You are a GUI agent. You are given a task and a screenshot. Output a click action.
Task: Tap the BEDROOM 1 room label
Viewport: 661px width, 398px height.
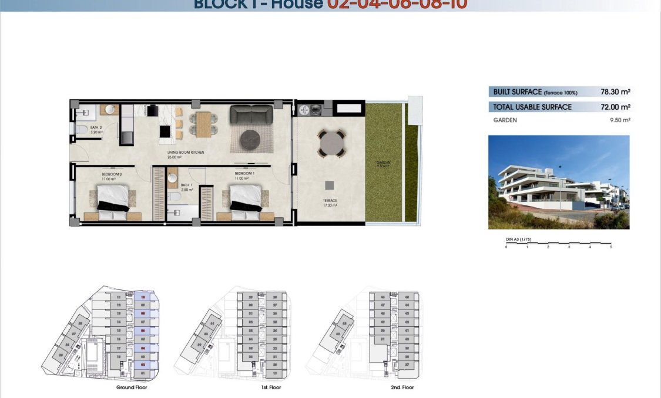(244, 174)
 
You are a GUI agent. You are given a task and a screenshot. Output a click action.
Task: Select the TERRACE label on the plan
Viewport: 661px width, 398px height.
(330, 203)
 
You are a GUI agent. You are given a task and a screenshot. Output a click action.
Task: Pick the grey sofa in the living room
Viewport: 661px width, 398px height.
(251, 114)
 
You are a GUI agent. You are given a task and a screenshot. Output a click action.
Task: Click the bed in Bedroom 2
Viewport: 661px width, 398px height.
(112, 198)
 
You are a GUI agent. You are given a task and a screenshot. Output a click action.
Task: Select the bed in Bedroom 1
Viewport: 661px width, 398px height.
(244, 198)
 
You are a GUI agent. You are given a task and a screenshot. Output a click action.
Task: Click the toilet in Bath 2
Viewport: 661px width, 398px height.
(80, 129)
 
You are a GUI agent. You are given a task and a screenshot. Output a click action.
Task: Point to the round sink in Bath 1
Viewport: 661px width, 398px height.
(173, 177)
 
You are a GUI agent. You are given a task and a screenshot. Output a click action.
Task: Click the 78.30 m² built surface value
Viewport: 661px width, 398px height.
(615, 92)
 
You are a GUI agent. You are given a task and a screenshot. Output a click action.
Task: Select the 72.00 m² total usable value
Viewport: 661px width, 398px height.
(615, 107)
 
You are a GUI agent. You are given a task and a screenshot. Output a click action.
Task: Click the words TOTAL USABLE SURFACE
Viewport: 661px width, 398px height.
(532, 107)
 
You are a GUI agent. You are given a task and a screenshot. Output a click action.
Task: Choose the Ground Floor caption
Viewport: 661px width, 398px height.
(132, 387)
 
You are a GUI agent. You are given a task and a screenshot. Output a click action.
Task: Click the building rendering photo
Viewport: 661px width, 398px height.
(558, 182)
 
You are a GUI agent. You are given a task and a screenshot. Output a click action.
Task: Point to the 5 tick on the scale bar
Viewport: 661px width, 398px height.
(611, 247)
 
